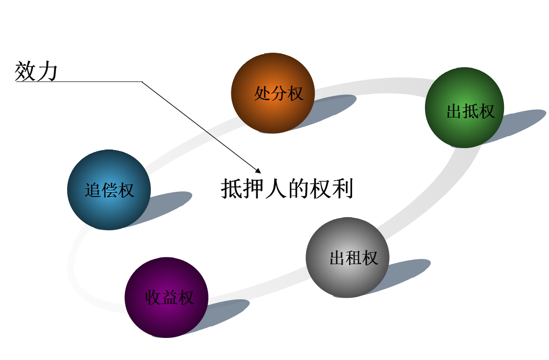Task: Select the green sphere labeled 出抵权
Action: click(x=464, y=107)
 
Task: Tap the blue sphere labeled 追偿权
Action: click(x=109, y=190)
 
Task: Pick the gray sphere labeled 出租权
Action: click(x=347, y=257)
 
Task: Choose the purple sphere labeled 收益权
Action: click(x=166, y=297)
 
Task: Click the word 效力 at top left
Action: click(x=36, y=71)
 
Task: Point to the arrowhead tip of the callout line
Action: click(x=260, y=172)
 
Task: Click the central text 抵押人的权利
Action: click(x=287, y=189)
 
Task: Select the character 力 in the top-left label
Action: click(x=47, y=71)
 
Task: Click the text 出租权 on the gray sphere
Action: click(x=354, y=258)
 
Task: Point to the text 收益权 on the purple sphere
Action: click(x=169, y=298)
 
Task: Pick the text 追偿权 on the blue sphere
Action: click(x=109, y=191)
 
